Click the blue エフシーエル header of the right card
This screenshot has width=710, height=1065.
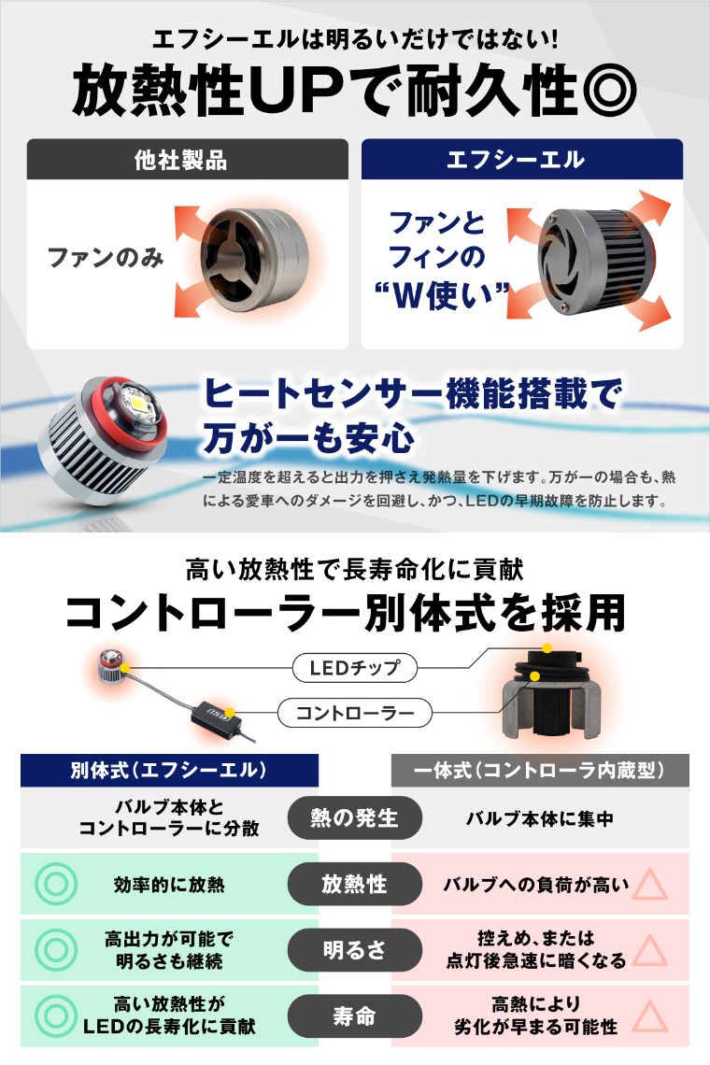[x=522, y=160]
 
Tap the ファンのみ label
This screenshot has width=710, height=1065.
[x=106, y=258]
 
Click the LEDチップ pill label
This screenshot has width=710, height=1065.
[x=355, y=668]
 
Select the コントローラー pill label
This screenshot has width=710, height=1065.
[x=355, y=713]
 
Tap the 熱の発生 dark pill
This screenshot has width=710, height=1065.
[x=355, y=817]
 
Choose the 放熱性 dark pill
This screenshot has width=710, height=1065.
[x=355, y=884]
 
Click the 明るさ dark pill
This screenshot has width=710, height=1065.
[x=355, y=949]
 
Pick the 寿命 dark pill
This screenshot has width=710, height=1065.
[x=355, y=1016]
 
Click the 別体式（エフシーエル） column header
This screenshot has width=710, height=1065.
[x=169, y=770]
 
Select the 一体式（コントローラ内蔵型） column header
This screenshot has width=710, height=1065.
[x=540, y=770]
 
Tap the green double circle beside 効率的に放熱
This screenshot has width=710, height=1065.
[x=56, y=884]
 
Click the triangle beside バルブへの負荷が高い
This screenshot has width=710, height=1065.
[x=650, y=886]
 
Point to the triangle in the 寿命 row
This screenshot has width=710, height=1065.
[x=650, y=1017]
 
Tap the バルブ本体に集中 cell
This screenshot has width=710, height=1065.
[x=540, y=818]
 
